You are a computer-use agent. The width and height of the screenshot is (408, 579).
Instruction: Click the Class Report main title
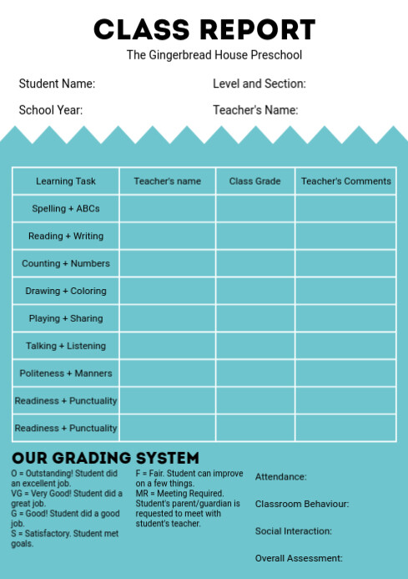(x=204, y=29)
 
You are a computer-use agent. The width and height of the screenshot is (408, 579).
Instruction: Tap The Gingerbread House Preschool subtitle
(x=214, y=55)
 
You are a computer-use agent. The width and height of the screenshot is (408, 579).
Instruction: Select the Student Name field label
(x=57, y=84)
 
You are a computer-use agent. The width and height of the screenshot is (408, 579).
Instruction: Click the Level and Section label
(x=259, y=84)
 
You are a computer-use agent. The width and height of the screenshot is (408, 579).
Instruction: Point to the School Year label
(x=51, y=109)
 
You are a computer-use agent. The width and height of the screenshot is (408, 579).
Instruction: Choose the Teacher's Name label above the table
(x=255, y=109)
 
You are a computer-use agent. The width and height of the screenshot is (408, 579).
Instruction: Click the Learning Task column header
(x=66, y=181)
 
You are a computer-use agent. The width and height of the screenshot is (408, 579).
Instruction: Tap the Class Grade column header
(x=255, y=181)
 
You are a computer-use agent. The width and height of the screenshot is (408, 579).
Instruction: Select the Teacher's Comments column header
(x=345, y=181)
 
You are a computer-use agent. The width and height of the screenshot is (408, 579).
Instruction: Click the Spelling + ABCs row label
(x=66, y=209)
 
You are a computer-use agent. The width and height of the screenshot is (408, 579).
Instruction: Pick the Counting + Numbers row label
(x=66, y=263)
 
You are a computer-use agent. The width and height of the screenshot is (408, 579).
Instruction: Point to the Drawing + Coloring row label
(x=66, y=291)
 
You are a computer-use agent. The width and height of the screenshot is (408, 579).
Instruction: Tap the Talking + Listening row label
(x=66, y=346)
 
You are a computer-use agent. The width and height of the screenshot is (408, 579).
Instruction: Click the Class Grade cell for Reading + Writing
(x=255, y=236)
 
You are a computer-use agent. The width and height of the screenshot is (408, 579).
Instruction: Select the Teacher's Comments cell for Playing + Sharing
(x=345, y=318)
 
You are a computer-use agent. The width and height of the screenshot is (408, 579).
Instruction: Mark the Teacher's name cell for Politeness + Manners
(x=168, y=373)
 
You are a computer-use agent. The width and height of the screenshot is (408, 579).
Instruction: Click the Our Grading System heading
(x=106, y=458)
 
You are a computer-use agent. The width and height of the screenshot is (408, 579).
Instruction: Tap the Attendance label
(x=281, y=477)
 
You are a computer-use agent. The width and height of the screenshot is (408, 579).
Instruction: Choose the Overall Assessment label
(x=299, y=558)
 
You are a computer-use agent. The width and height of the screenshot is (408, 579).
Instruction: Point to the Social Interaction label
(x=294, y=531)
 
